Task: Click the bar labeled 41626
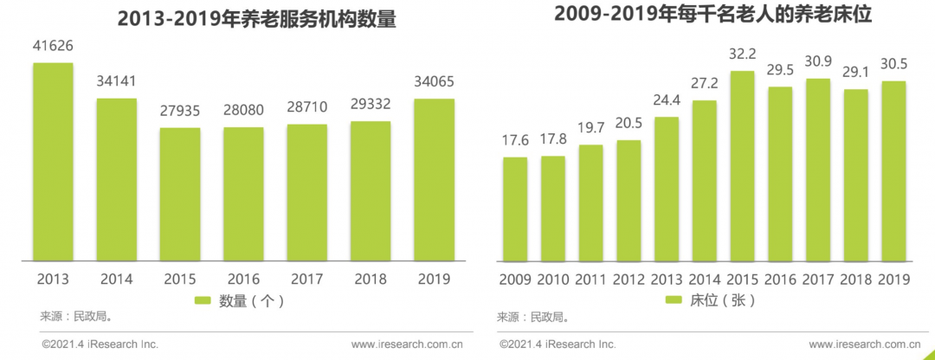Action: coord(54,161)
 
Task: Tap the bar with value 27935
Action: coord(180,194)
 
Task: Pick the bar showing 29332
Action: coord(371,190)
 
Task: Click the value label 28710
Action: coord(307,109)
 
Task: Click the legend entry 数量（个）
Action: coord(239,300)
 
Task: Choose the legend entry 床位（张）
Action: coord(711,300)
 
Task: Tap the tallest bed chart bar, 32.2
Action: coord(743,165)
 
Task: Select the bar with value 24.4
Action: coord(667,189)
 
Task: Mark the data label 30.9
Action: coord(818,63)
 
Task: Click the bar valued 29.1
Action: coord(856,175)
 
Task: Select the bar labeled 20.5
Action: coord(629,200)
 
